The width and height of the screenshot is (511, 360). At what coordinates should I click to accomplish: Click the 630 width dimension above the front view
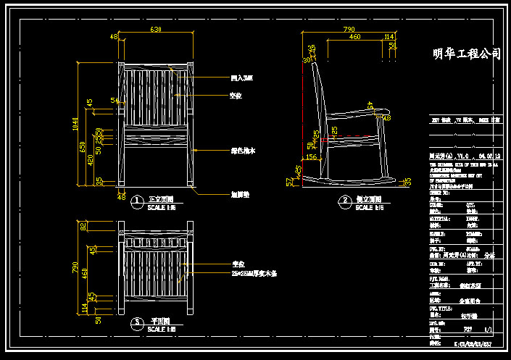155,29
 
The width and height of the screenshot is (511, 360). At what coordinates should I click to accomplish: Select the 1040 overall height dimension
75,124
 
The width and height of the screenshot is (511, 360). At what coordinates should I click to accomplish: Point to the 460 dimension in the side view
354,36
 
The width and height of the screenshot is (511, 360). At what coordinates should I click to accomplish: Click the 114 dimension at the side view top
389,36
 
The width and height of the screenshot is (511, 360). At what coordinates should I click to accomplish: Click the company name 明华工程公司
466,54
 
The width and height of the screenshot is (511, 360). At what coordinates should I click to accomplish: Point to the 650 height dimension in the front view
83,147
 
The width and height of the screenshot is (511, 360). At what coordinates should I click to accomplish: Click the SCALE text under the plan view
160,330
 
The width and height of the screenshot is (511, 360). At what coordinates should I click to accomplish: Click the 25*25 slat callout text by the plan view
254,275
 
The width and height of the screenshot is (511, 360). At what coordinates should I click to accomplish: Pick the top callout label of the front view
241,78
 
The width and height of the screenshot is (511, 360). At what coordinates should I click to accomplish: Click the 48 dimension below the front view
121,196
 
